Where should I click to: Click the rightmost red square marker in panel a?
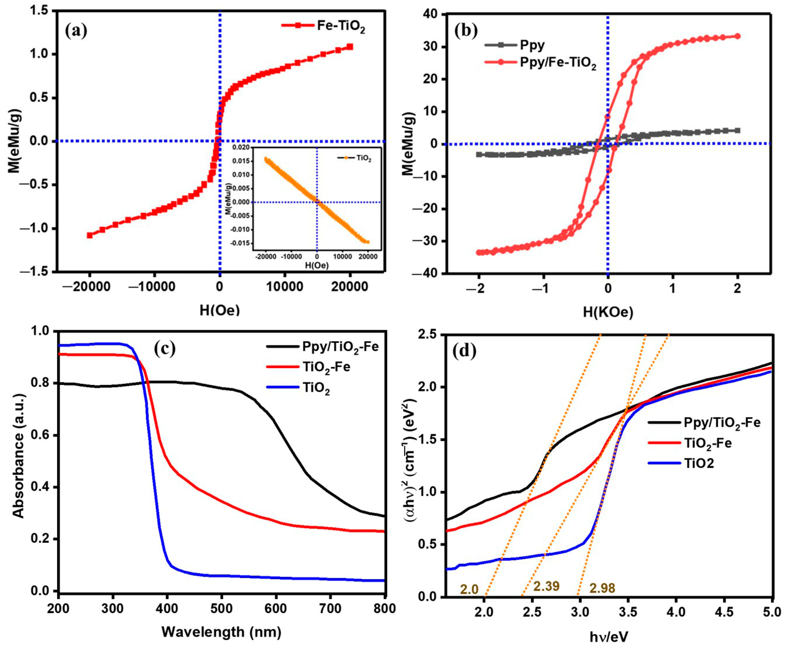tap(350, 47)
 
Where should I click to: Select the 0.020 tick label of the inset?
tap(240, 148)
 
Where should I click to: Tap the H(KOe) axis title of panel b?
tap(608, 311)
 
